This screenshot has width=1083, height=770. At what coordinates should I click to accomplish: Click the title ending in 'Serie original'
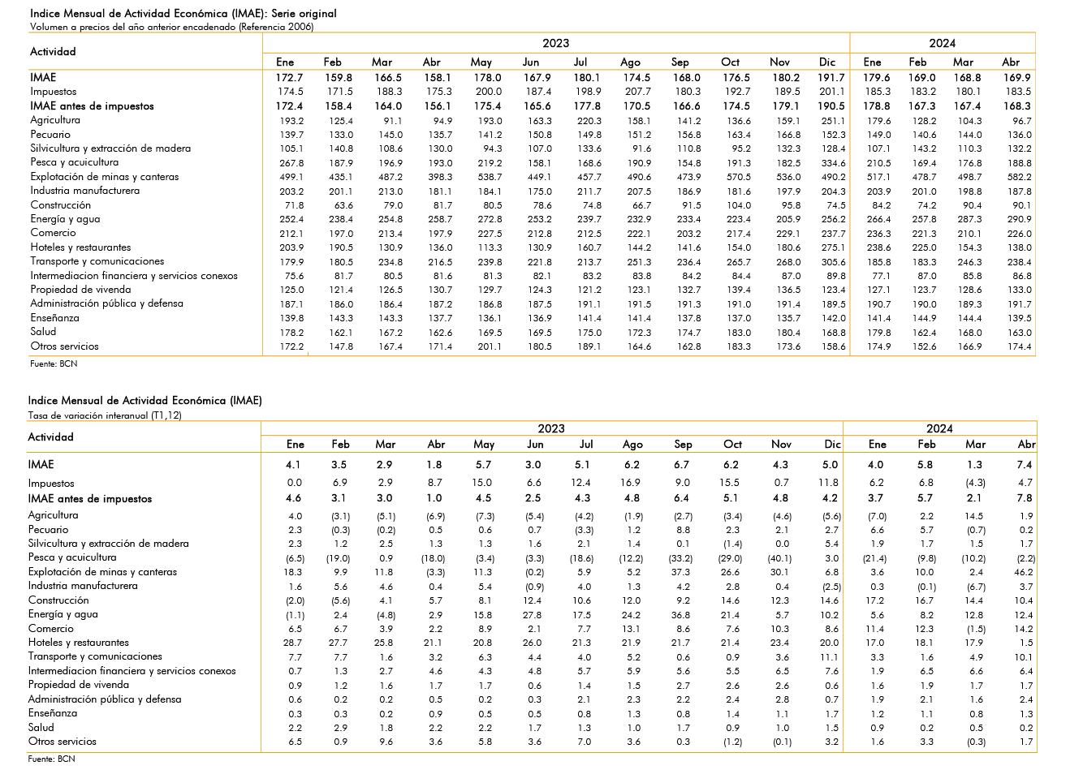click(183, 14)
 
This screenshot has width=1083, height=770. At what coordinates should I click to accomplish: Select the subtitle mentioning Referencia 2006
click(171, 27)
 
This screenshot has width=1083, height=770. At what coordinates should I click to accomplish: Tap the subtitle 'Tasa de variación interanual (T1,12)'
click(105, 415)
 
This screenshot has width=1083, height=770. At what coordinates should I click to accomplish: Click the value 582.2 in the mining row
click(1019, 177)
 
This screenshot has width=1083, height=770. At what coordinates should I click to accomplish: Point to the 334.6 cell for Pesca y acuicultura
click(833, 163)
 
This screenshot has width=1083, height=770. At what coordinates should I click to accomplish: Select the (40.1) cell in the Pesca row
click(779, 558)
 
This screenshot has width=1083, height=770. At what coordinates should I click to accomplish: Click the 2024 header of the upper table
click(943, 44)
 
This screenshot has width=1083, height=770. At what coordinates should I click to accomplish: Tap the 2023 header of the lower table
click(551, 429)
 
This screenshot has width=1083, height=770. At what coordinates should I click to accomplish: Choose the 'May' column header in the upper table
click(481, 62)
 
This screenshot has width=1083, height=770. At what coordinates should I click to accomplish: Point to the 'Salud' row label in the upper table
click(43, 332)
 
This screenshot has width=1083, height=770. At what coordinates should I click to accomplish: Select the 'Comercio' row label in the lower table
click(51, 629)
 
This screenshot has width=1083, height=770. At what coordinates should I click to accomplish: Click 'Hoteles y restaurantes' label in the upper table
click(80, 247)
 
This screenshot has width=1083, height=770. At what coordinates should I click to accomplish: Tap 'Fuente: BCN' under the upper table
click(54, 363)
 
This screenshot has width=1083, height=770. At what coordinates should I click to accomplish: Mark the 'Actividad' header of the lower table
click(51, 437)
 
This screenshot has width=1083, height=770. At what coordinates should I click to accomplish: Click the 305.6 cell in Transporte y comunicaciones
click(833, 262)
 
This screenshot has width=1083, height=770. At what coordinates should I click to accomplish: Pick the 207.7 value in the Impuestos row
click(638, 92)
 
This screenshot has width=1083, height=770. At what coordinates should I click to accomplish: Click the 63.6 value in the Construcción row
click(343, 205)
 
